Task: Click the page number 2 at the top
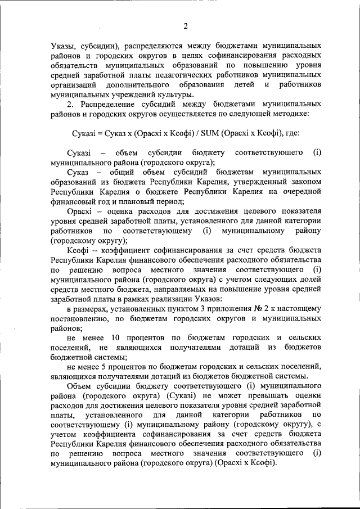184,25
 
